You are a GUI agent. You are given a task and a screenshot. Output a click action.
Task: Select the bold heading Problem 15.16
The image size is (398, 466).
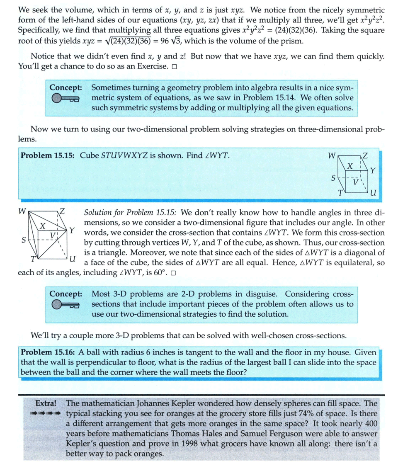click(x=47, y=353)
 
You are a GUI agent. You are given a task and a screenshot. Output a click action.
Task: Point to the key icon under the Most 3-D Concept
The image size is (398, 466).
click(x=65, y=305)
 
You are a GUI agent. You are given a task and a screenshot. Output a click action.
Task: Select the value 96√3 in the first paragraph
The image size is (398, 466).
click(x=176, y=41)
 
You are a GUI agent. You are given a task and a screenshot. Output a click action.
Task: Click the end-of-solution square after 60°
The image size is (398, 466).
click(x=173, y=273)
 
